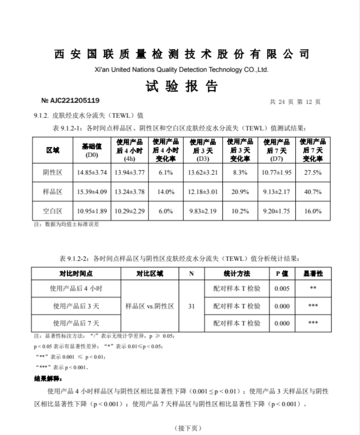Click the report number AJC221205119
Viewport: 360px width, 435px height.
[x=71, y=101]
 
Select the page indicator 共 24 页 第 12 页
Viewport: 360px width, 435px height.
[x=296, y=102]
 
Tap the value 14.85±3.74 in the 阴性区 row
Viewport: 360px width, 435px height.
[x=92, y=173]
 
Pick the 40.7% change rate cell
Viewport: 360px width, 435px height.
[x=312, y=192]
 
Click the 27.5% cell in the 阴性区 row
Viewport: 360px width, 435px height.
[x=312, y=173]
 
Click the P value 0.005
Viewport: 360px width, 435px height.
[x=282, y=288]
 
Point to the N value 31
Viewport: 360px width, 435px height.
[x=191, y=306]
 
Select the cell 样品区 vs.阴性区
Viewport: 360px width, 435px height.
[x=150, y=306]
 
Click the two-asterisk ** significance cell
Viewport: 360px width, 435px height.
[x=313, y=288]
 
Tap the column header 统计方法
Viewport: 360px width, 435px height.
[x=237, y=273]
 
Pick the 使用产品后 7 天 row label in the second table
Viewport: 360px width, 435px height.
[x=76, y=323]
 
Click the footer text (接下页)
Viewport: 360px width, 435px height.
[x=187, y=428]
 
